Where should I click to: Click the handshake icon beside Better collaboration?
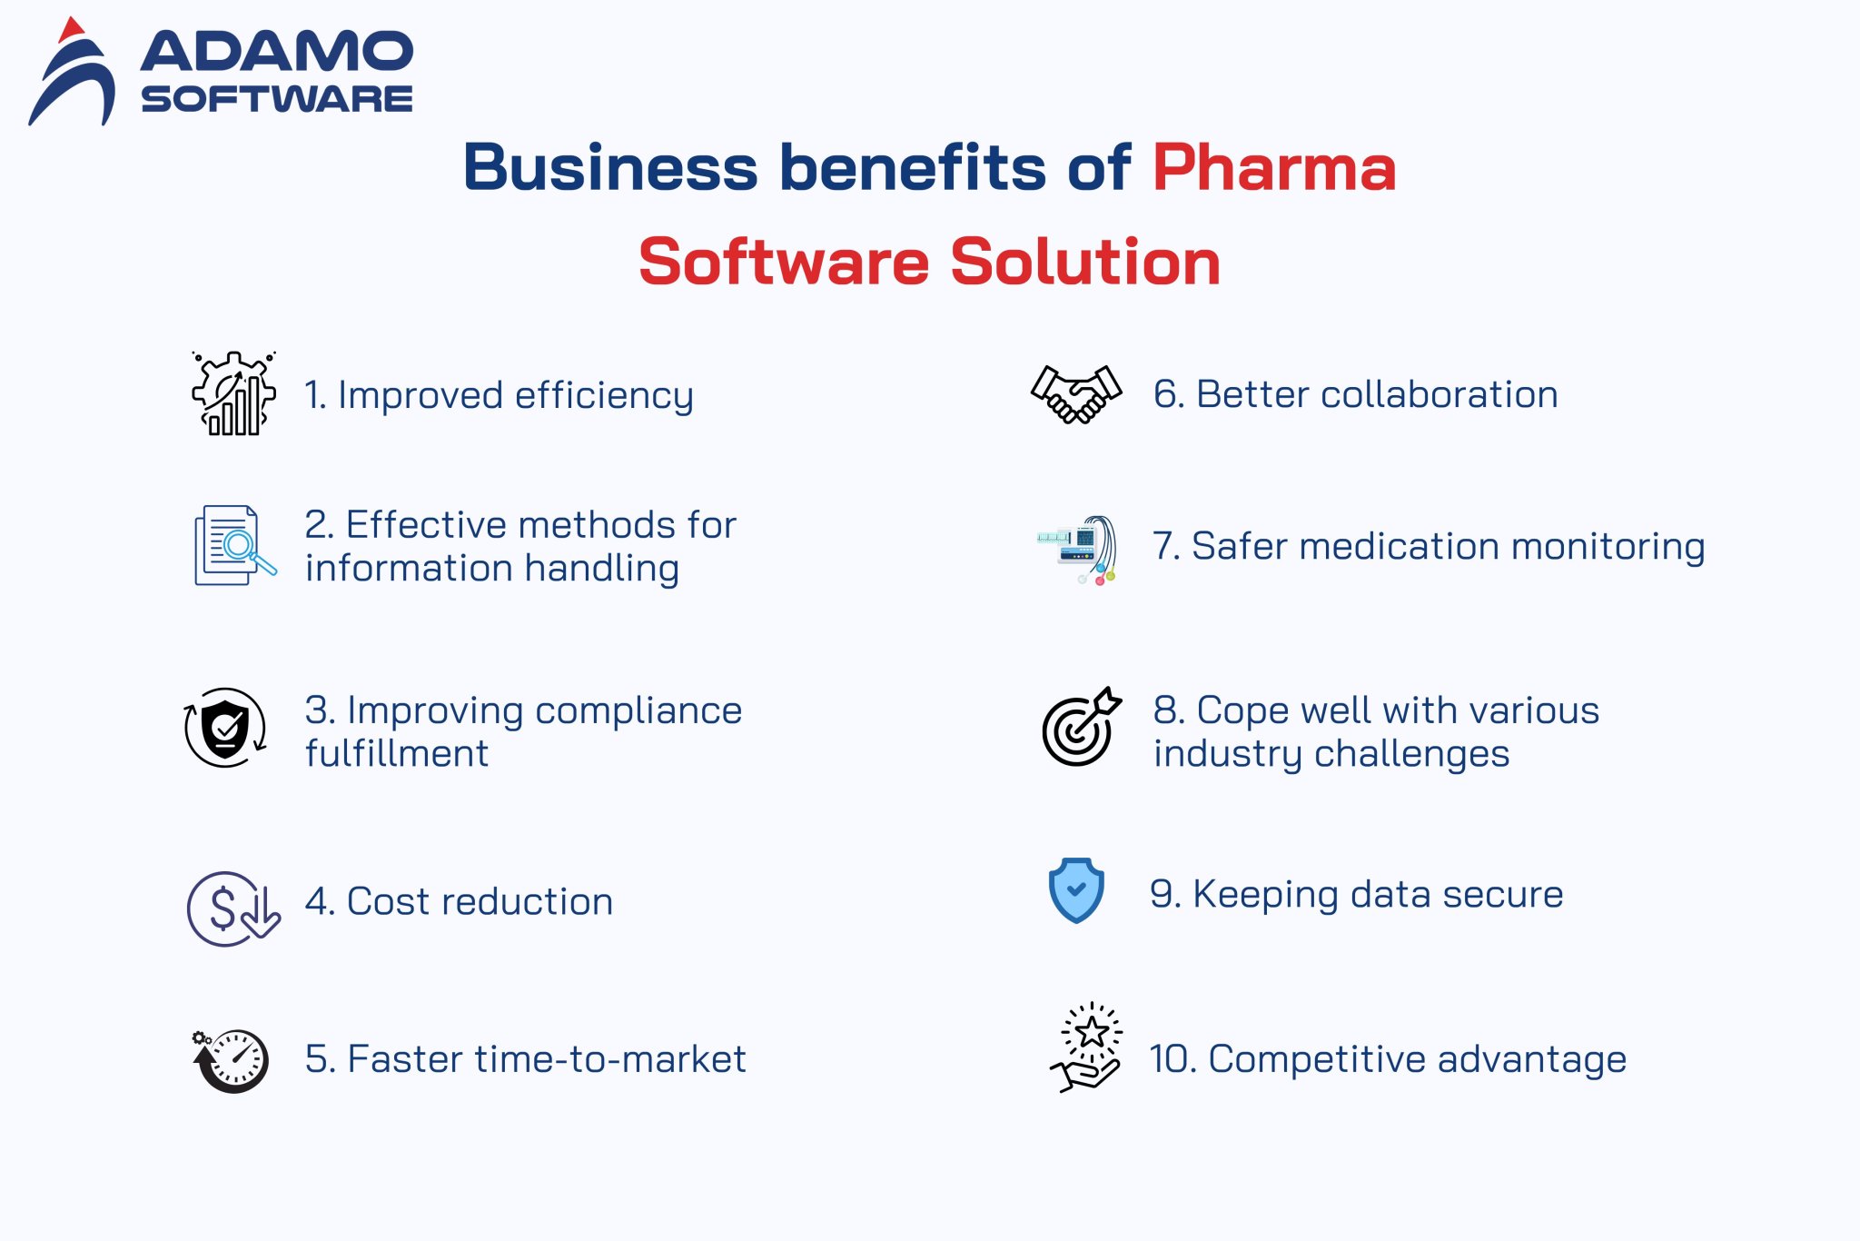point(1076,393)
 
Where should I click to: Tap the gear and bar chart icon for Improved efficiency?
point(233,393)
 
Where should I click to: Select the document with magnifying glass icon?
point(234,545)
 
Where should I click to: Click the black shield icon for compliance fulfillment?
point(225,728)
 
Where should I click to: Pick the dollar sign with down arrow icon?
point(232,908)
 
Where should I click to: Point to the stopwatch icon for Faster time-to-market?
point(232,1059)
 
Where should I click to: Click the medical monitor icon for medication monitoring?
point(1079,549)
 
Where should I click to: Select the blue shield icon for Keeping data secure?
point(1076,890)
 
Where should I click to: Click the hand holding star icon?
point(1087,1047)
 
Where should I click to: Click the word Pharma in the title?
point(1274,168)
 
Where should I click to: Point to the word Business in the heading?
point(609,168)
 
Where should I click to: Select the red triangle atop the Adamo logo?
point(70,30)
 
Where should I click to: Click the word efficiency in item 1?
point(604,396)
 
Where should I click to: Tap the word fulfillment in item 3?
point(397,753)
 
